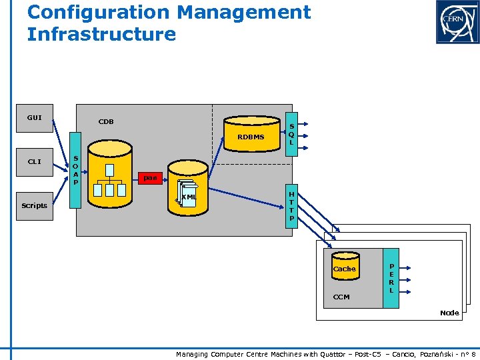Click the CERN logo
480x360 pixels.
point(457,21)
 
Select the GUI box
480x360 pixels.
point(34,118)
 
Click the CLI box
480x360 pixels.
point(34,161)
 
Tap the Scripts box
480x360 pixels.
point(34,205)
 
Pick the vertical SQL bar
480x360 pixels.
point(291,133)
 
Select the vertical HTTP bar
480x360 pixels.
point(291,206)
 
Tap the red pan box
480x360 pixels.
point(150,178)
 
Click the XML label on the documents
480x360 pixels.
point(189,197)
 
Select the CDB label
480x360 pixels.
point(106,122)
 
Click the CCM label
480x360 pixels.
point(341,297)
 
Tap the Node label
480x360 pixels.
point(449,313)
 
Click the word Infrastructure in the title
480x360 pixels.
point(101,34)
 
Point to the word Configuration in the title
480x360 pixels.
point(99,12)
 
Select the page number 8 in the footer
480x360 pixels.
point(473,354)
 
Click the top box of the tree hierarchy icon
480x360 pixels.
point(109,170)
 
